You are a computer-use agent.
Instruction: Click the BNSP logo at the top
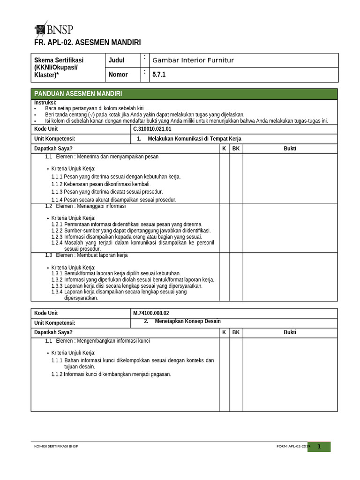(54, 29)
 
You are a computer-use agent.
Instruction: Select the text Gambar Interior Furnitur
(193, 60)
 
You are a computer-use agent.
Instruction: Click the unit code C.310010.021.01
(152, 129)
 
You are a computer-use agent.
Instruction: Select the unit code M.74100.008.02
(151, 313)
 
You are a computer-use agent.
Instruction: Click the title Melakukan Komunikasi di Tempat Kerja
(194, 139)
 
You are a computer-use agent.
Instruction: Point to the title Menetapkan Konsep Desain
(187, 322)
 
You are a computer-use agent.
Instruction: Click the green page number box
(319, 447)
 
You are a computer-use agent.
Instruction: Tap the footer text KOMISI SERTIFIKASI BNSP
(57, 446)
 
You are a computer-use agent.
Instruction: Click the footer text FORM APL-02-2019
(293, 447)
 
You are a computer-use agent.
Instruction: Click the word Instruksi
(45, 103)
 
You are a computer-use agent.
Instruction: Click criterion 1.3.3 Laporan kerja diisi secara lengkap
(127, 285)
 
